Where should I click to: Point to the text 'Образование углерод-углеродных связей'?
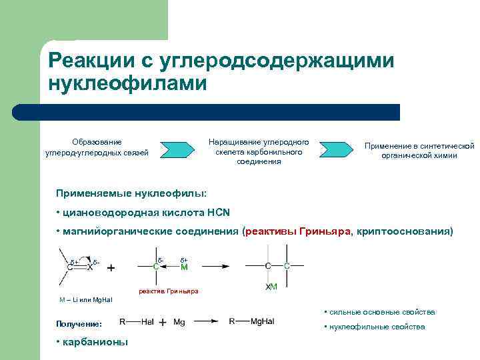(x=97, y=147)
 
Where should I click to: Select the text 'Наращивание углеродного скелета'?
(x=259, y=147)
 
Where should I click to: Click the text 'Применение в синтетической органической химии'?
(x=419, y=151)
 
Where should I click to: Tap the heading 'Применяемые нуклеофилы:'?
(x=131, y=193)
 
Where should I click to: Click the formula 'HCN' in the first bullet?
(x=217, y=213)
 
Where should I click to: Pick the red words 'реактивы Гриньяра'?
(x=299, y=231)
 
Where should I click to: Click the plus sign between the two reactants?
(x=111, y=267)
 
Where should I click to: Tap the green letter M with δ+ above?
(x=185, y=267)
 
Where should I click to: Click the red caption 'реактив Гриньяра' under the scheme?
(x=169, y=291)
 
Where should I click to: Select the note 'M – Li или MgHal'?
(x=86, y=299)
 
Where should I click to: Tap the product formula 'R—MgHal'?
(x=251, y=321)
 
